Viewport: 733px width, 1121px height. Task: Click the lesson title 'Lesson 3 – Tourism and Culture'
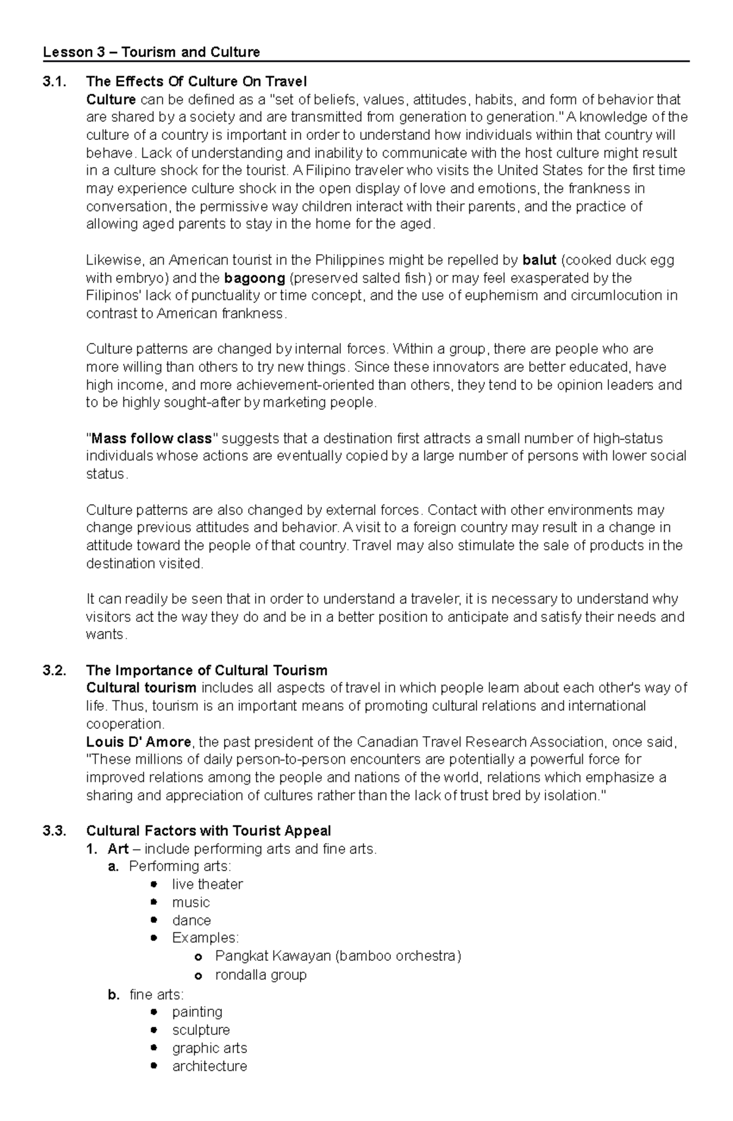point(151,53)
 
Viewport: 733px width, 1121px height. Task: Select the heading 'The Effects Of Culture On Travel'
point(196,82)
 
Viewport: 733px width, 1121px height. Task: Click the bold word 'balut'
point(539,260)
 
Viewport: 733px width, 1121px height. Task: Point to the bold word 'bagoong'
point(255,279)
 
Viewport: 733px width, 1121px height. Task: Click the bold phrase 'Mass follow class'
point(151,439)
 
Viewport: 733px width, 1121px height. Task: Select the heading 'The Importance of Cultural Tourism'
point(206,670)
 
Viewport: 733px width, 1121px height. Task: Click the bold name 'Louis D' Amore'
point(139,742)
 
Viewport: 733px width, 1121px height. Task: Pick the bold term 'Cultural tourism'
point(141,688)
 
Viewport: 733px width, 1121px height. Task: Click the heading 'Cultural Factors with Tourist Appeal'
point(208,831)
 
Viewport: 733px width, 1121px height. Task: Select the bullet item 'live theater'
point(207,885)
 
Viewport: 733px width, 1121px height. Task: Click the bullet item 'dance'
point(191,921)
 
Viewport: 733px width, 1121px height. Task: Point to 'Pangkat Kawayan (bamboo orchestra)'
point(338,956)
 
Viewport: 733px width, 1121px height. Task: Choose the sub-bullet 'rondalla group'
point(261,975)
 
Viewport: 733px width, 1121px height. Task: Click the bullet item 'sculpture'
point(201,1030)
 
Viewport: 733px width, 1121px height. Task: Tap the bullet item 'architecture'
point(210,1066)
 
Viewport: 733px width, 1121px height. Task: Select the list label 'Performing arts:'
point(180,866)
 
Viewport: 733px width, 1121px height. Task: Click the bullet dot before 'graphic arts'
point(154,1048)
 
